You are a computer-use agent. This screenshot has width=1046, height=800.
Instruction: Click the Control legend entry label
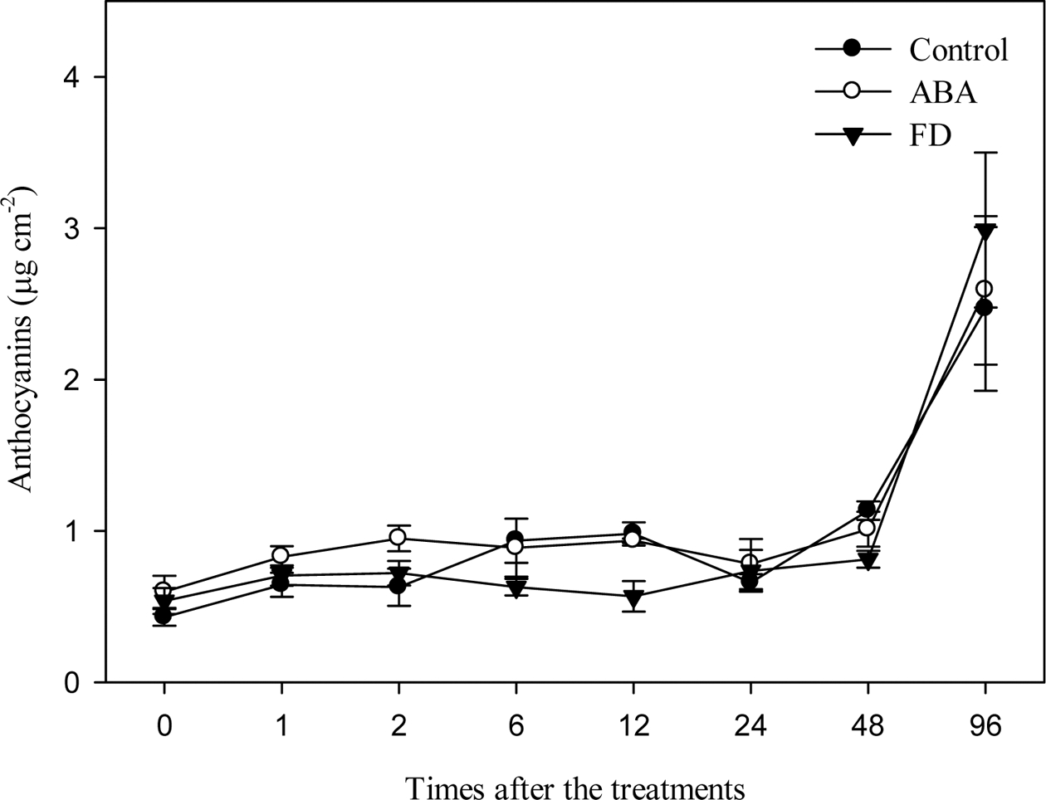point(958,50)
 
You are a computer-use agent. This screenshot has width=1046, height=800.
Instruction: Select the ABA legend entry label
point(942,92)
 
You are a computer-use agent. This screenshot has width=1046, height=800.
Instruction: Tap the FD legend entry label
point(930,134)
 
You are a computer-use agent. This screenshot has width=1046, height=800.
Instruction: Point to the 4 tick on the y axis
point(100,77)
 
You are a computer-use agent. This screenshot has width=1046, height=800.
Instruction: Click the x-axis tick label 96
point(985,727)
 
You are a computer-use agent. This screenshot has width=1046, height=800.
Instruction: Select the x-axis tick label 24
point(750,727)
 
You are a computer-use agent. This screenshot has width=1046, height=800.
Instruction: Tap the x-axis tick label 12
point(633,727)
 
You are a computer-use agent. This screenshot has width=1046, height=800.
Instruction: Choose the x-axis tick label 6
point(516,727)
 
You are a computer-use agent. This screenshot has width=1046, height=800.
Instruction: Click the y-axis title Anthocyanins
point(22,342)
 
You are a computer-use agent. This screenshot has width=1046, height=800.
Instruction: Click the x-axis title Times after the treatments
point(574,785)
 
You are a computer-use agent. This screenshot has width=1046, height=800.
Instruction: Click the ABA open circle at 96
point(985,289)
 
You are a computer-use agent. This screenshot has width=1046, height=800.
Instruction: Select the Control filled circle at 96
point(985,308)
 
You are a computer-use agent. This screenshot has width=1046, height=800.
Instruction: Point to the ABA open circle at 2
point(398,538)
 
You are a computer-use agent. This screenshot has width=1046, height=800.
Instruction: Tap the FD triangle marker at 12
point(633,597)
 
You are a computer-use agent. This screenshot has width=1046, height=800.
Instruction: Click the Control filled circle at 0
point(164,617)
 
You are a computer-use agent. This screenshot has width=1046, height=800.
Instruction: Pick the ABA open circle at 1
point(281,555)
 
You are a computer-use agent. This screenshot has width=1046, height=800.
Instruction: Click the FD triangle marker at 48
point(868,560)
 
